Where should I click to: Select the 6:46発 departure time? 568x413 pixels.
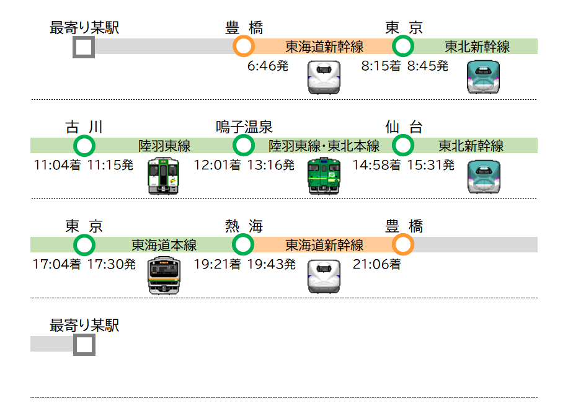268,66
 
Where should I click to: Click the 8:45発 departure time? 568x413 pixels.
428,66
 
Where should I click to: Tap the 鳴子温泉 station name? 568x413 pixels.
244,127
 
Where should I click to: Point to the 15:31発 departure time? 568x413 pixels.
431,165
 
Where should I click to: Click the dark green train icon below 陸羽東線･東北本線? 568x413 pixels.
324,175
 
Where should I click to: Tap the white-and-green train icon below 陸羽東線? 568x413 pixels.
164,175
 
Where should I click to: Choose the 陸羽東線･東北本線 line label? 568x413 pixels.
324,146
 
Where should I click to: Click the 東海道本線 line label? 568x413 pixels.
164,245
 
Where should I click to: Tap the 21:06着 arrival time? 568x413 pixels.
377,264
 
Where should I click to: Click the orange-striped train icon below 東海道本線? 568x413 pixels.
164,275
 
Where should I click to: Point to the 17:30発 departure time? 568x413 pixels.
111,264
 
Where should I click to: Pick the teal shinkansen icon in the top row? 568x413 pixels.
483,77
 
